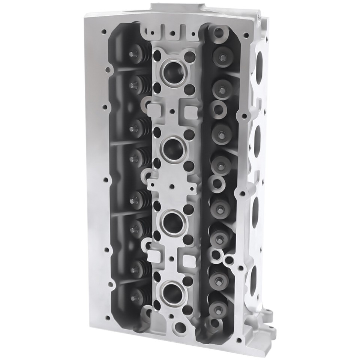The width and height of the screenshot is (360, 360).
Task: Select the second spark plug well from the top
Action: [x=173, y=149]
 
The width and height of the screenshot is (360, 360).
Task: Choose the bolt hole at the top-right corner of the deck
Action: [x=246, y=36]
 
